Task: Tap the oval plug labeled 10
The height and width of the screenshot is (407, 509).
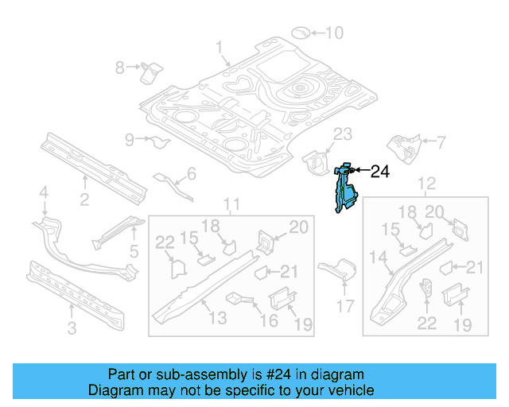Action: tap(302, 33)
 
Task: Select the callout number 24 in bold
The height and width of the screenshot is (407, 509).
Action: tap(380, 170)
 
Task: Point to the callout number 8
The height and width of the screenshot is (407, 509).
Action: tap(120, 68)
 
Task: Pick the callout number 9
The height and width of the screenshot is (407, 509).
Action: tap(130, 140)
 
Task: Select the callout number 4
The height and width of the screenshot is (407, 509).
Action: tap(44, 191)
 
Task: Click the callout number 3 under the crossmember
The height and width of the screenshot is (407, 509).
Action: tap(71, 328)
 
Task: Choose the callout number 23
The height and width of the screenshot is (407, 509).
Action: tap(341, 133)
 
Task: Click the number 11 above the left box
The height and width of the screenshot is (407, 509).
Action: tap(231, 207)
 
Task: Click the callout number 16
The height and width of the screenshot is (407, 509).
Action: tap(269, 320)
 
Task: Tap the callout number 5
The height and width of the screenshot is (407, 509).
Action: tap(134, 251)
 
